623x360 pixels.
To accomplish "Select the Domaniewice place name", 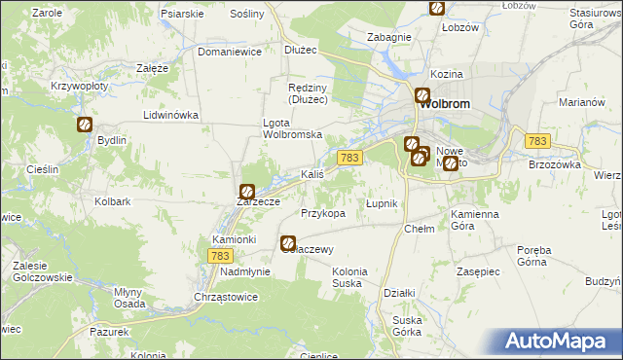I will (x=231, y=53).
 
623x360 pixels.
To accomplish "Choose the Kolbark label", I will (x=113, y=202).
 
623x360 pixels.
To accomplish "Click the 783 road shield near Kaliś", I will (x=351, y=158).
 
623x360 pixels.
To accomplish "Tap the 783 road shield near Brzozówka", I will (x=537, y=142).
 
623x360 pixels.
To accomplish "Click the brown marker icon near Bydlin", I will (x=85, y=125).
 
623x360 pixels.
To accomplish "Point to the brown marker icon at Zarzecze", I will (x=247, y=192).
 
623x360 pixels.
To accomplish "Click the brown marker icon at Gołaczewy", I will (x=288, y=243).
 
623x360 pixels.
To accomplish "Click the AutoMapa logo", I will (x=558, y=341).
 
